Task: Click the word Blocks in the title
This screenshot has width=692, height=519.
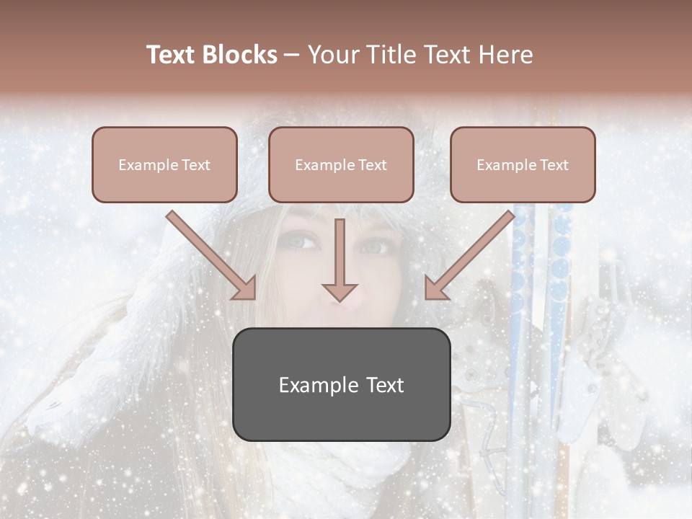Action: pos(240,55)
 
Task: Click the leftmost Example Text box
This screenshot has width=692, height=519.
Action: pos(164,164)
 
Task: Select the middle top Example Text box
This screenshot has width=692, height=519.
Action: pos(341,164)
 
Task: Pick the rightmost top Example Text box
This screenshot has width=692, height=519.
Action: pos(523,164)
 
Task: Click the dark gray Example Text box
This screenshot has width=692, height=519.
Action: pos(341,384)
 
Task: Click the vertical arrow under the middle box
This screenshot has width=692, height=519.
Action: pos(340,259)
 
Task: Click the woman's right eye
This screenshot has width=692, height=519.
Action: pos(376,247)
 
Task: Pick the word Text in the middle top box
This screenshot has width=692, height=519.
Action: pos(372,165)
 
